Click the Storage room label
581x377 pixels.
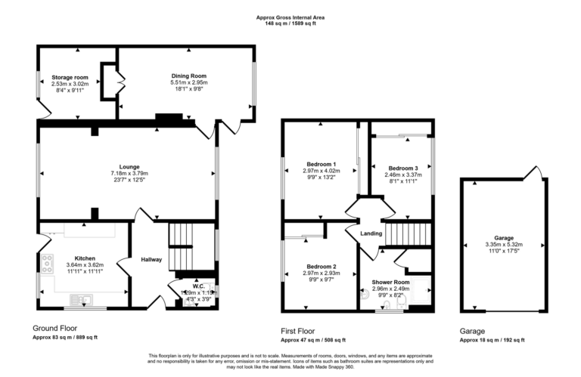[x=70, y=77]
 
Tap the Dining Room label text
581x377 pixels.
[x=188, y=76]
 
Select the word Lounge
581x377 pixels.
[x=129, y=166]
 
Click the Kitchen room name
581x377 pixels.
[x=85, y=258]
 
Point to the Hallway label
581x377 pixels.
[x=151, y=260]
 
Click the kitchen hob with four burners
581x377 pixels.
[x=48, y=264]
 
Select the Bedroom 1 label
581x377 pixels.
[x=321, y=164]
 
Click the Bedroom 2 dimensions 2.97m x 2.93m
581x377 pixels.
[x=321, y=273]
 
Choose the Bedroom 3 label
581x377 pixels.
[x=403, y=168]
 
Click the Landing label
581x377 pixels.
[x=371, y=233]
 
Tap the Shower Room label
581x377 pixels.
[x=390, y=281]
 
